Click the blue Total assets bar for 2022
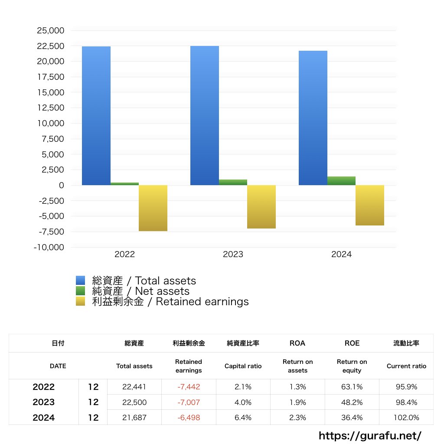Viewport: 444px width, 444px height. tap(96, 116)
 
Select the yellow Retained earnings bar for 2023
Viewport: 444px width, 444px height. tap(261, 207)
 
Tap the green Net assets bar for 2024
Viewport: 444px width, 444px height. tap(341, 181)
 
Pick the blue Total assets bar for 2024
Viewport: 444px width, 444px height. tap(313, 118)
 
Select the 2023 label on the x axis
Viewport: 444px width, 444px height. tap(233, 255)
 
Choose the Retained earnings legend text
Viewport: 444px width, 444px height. tap(170, 302)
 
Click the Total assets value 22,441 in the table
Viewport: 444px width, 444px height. tap(134, 387)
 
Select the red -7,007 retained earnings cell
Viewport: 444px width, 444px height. tap(189, 402)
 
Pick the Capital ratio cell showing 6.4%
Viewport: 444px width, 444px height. tap(243, 418)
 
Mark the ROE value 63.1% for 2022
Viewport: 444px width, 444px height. tap(352, 387)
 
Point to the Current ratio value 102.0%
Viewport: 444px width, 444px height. tap(406, 418)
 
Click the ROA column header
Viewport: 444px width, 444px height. tap(297, 343)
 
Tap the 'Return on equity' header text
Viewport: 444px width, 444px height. tap(352, 366)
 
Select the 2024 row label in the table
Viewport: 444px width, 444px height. tap(44, 418)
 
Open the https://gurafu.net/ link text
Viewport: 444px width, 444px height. tap(370, 436)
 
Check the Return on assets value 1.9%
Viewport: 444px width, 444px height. tap(297, 402)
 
